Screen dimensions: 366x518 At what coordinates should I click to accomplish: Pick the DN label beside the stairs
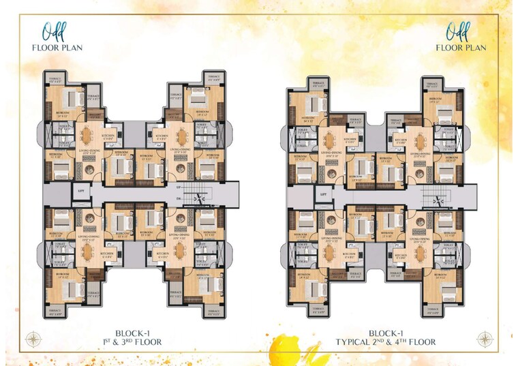coord(179,200)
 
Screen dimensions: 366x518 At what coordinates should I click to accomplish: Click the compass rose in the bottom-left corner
coord(31,338)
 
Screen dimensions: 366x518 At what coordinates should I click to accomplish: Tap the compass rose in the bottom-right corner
coord(485,338)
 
